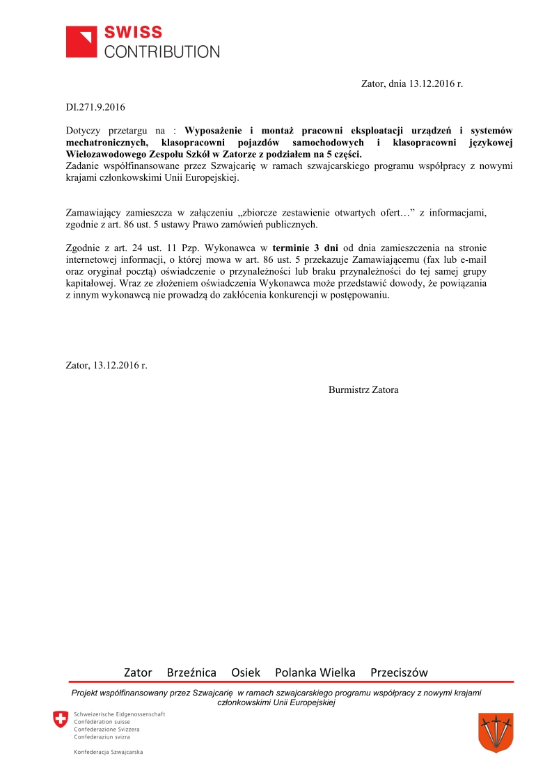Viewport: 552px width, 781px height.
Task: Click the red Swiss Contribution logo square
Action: click(82, 42)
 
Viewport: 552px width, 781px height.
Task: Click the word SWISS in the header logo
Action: click(133, 33)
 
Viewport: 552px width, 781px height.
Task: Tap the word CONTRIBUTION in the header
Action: click(161, 51)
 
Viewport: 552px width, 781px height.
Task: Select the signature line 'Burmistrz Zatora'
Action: click(363, 389)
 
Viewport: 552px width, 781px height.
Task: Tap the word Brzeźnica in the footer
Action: click(191, 673)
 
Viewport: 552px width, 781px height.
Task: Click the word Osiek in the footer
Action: click(246, 673)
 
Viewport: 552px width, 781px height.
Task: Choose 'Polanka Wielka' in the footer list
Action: click(315, 673)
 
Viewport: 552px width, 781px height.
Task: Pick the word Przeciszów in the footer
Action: click(399, 673)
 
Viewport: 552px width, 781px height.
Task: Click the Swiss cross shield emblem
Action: click(61, 720)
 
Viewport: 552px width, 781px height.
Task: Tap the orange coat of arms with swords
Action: click(496, 732)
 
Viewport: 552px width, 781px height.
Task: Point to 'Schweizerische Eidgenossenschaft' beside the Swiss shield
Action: click(119, 714)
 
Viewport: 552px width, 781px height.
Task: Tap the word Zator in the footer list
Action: click(138, 673)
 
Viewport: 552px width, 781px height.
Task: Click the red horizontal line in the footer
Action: click(290, 682)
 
